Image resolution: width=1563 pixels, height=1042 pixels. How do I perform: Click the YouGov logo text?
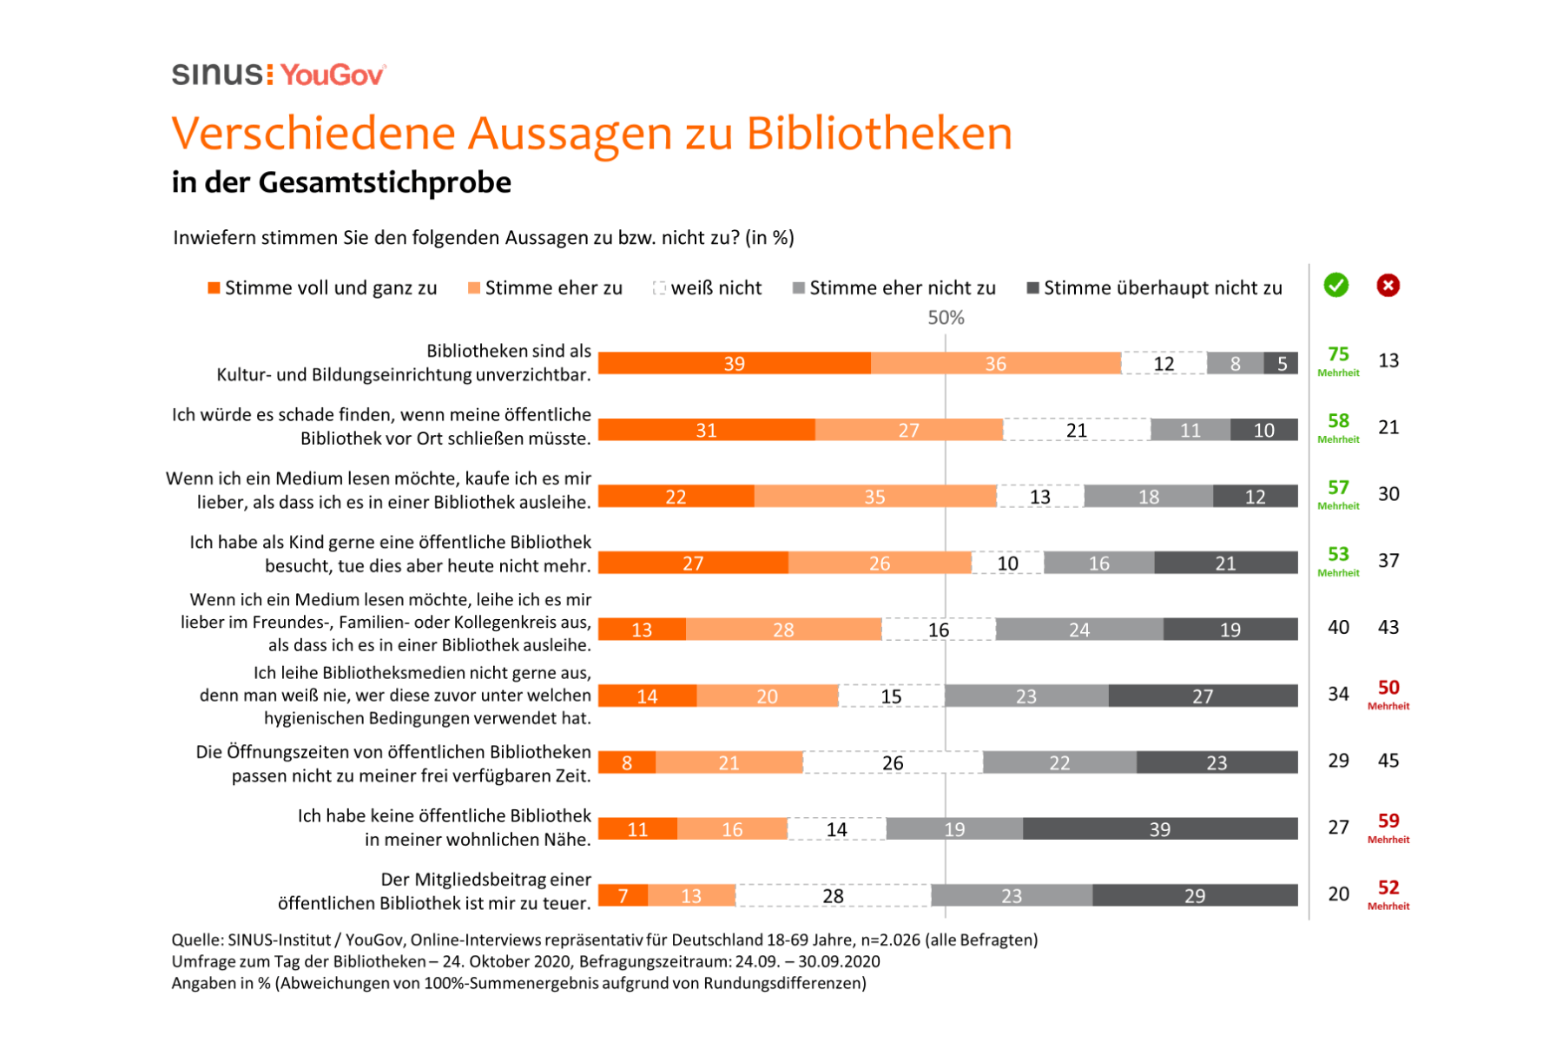pyautogui.click(x=333, y=76)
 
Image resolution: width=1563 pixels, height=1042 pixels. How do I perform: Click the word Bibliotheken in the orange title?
pyautogui.click(x=879, y=134)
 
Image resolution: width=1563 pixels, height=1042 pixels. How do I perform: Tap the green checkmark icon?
pyautogui.click(x=1335, y=285)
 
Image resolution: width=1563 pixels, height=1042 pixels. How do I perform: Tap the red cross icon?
pyautogui.click(x=1388, y=285)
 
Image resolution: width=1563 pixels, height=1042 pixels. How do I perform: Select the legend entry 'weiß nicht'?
pyautogui.click(x=708, y=288)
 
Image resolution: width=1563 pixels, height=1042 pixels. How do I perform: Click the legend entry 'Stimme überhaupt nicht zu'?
pyautogui.click(x=1155, y=288)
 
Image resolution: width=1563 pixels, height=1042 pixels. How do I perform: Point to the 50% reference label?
pyautogui.click(x=946, y=318)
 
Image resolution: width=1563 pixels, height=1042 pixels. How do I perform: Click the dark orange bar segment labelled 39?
pyautogui.click(x=735, y=363)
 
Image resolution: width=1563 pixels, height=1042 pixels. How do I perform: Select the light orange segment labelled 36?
pyautogui.click(x=995, y=363)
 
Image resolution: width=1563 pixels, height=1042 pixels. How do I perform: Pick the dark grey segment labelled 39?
pyautogui.click(x=1160, y=829)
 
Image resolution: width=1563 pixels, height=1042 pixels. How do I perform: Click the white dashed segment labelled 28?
pyautogui.click(x=833, y=895)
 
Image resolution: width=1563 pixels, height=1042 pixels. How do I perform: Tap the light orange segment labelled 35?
pyautogui.click(x=874, y=497)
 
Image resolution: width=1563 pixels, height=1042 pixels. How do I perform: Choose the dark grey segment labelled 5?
pyautogui.click(x=1282, y=363)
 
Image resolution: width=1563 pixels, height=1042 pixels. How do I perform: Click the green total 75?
pyautogui.click(x=1338, y=354)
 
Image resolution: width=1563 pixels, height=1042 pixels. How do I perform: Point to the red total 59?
pyautogui.click(x=1388, y=821)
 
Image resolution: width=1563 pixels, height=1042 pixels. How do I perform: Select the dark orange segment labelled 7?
pyautogui.click(x=623, y=895)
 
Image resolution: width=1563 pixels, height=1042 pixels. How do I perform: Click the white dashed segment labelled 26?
pyautogui.click(x=893, y=762)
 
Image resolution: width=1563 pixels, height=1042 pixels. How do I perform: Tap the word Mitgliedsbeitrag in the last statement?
pyautogui.click(x=485, y=880)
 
